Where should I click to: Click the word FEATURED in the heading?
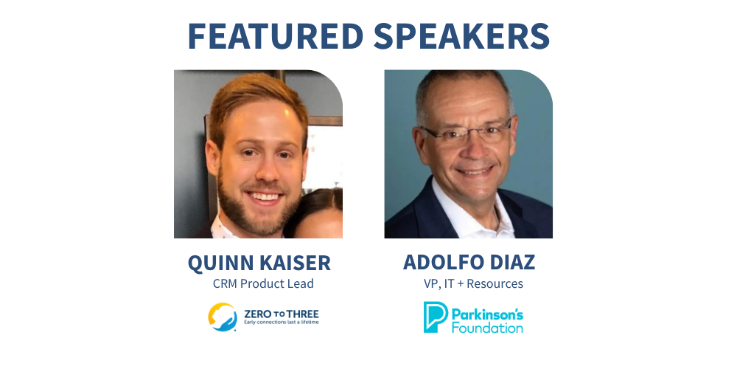[x=276, y=35]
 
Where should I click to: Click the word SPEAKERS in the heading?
[x=461, y=35]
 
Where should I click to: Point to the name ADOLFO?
[x=443, y=262]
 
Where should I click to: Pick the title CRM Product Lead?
[x=263, y=284]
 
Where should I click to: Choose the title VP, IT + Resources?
[x=473, y=284]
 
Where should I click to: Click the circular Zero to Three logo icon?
[x=223, y=317]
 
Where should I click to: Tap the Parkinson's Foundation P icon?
[x=436, y=317]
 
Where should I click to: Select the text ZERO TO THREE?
[x=281, y=314]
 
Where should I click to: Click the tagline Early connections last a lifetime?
[x=281, y=323]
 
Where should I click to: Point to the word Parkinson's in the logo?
[x=487, y=314]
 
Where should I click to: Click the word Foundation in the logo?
[x=487, y=327]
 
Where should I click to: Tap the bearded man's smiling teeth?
[x=264, y=196]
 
